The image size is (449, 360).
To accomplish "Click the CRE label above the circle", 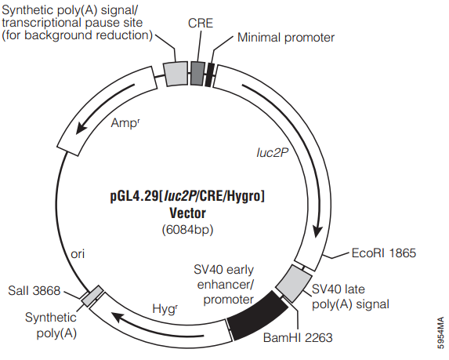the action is [x=201, y=24].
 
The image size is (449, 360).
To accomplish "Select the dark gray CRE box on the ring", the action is [x=197, y=73].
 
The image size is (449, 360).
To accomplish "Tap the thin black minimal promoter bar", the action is [x=209, y=75].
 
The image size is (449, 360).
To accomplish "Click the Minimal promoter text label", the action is [x=286, y=38].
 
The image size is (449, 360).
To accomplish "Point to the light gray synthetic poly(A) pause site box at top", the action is [x=176, y=74].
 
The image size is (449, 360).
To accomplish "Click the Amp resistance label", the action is [x=125, y=123].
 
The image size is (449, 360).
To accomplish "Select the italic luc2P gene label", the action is [x=272, y=153].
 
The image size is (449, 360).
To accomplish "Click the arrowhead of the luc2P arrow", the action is [x=317, y=231].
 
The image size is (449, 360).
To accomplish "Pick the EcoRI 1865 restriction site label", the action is [x=383, y=253].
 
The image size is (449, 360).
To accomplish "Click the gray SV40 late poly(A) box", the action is [x=294, y=283].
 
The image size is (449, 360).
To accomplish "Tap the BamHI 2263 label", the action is [x=298, y=337].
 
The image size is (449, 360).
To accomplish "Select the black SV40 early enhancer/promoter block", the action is [x=257, y=315].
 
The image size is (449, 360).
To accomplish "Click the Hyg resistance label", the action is [x=165, y=309].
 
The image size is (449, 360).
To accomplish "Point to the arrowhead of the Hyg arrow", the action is [x=118, y=318].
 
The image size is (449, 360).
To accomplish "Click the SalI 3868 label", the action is [x=34, y=291].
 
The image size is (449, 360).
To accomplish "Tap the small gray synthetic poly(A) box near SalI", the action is [x=92, y=296].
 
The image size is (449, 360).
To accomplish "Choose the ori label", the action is [x=78, y=254].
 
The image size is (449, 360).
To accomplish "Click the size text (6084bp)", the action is [x=187, y=230].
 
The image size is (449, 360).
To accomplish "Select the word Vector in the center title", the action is [x=187, y=213].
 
